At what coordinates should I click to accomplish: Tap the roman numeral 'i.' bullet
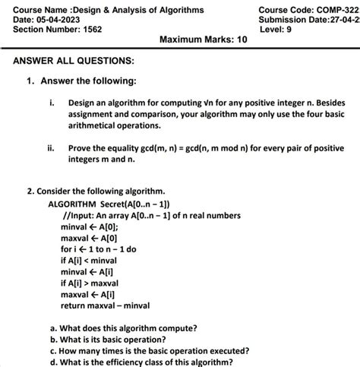pyautogui.click(x=52, y=101)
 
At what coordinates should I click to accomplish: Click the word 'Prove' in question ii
pyautogui.click(x=81, y=149)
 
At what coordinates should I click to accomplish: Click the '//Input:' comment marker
pyautogui.click(x=80, y=216)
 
